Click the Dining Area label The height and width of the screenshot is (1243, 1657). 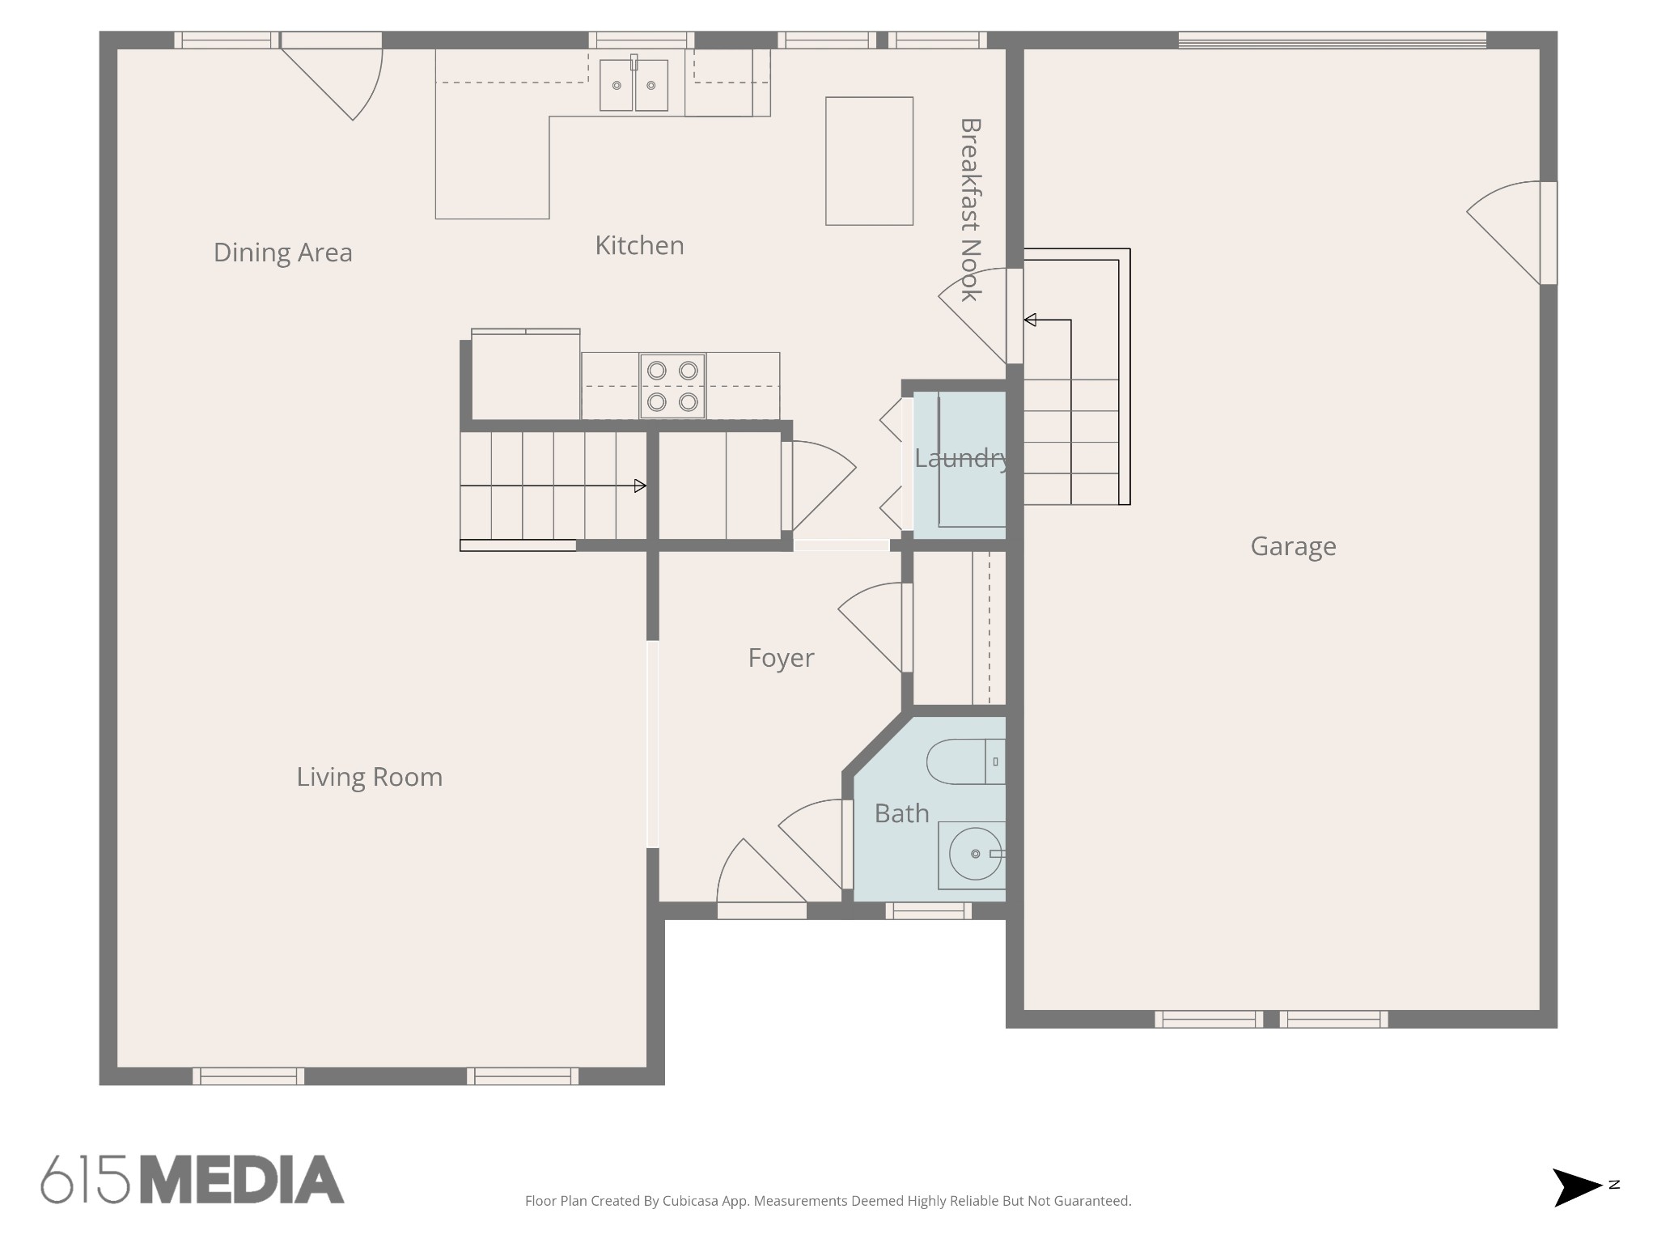[283, 252]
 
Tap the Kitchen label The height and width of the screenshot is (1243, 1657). [639, 245]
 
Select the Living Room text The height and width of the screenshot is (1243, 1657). [369, 777]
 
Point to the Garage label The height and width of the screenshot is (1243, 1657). [1293, 546]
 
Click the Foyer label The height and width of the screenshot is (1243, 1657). [781, 658]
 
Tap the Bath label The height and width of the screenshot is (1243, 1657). [901, 813]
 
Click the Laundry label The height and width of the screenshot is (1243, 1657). [962, 459]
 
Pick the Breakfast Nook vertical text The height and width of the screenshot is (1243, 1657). [971, 210]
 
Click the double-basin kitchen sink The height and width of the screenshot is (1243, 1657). [634, 84]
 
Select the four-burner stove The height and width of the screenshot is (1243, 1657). [672, 386]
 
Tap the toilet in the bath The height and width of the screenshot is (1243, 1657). [966, 761]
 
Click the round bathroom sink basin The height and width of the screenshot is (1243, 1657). [975, 854]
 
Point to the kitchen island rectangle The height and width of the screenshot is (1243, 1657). [870, 161]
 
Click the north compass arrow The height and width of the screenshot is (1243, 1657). [1577, 1188]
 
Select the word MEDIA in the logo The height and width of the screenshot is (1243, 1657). [243, 1179]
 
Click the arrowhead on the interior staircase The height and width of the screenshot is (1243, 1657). [640, 486]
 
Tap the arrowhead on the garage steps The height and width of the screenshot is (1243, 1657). [1030, 320]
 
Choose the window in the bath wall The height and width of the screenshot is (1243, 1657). [928, 911]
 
